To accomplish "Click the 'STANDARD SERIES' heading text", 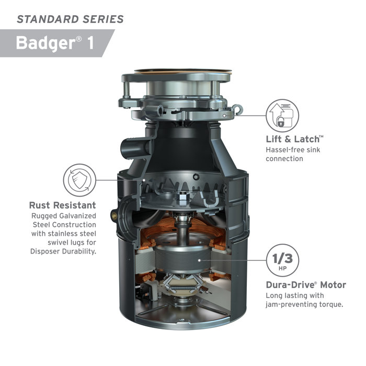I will click(x=70, y=19).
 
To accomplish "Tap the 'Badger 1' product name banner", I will click(x=55, y=43).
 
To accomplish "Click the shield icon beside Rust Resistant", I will click(x=79, y=179).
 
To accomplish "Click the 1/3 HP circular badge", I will click(x=282, y=260).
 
